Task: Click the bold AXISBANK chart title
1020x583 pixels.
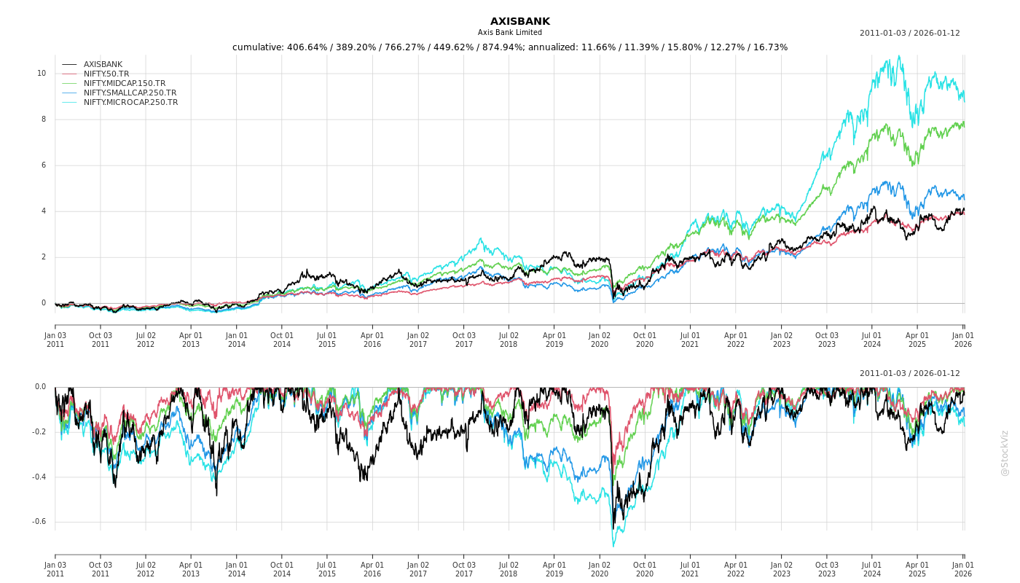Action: tap(519, 22)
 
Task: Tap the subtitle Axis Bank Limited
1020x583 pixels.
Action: tap(510, 33)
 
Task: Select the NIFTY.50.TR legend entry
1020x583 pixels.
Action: tap(106, 74)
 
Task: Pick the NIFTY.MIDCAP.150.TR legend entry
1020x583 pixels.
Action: tap(124, 84)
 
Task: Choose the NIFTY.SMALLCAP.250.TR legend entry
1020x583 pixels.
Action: tap(130, 93)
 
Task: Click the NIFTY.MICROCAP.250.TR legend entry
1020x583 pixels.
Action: tap(130, 103)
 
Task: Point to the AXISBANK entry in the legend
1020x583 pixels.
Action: tap(103, 65)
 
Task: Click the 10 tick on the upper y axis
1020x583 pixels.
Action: tap(42, 74)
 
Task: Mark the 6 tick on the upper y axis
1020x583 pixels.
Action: tap(44, 165)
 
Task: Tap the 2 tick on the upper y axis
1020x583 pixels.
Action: tap(44, 257)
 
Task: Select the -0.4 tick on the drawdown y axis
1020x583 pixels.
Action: tap(39, 477)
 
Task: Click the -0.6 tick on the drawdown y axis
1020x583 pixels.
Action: tap(39, 522)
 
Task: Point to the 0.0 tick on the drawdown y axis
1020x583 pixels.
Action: tap(40, 387)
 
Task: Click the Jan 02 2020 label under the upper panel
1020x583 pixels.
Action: tap(600, 340)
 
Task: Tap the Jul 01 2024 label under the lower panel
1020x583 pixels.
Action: tap(872, 569)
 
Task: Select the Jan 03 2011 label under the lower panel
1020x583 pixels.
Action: tap(55, 569)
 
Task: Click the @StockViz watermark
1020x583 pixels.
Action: tap(1005, 453)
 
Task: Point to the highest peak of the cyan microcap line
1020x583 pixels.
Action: tap(899, 56)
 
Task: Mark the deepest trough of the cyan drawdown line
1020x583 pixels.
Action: tap(613, 546)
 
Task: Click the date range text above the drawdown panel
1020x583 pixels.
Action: tap(909, 374)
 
